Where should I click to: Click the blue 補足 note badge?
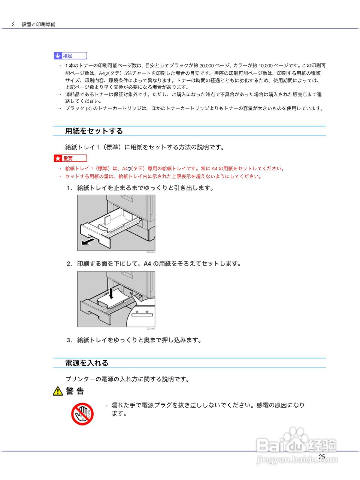(70, 56)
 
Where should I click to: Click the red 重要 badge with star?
(70, 158)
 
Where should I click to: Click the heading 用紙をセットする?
(94, 131)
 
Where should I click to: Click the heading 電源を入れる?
(87, 363)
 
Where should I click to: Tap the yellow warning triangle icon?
(58, 391)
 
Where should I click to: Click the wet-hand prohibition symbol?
(82, 414)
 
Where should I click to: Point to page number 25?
(322, 457)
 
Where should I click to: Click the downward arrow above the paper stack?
(111, 293)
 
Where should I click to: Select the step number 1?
(69, 188)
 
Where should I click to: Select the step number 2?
(69, 264)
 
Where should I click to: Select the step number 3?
(69, 340)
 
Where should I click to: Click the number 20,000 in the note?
(206, 66)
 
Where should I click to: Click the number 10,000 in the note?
(266, 66)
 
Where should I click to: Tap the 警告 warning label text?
(75, 391)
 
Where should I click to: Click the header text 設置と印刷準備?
(38, 24)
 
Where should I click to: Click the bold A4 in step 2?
(147, 264)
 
